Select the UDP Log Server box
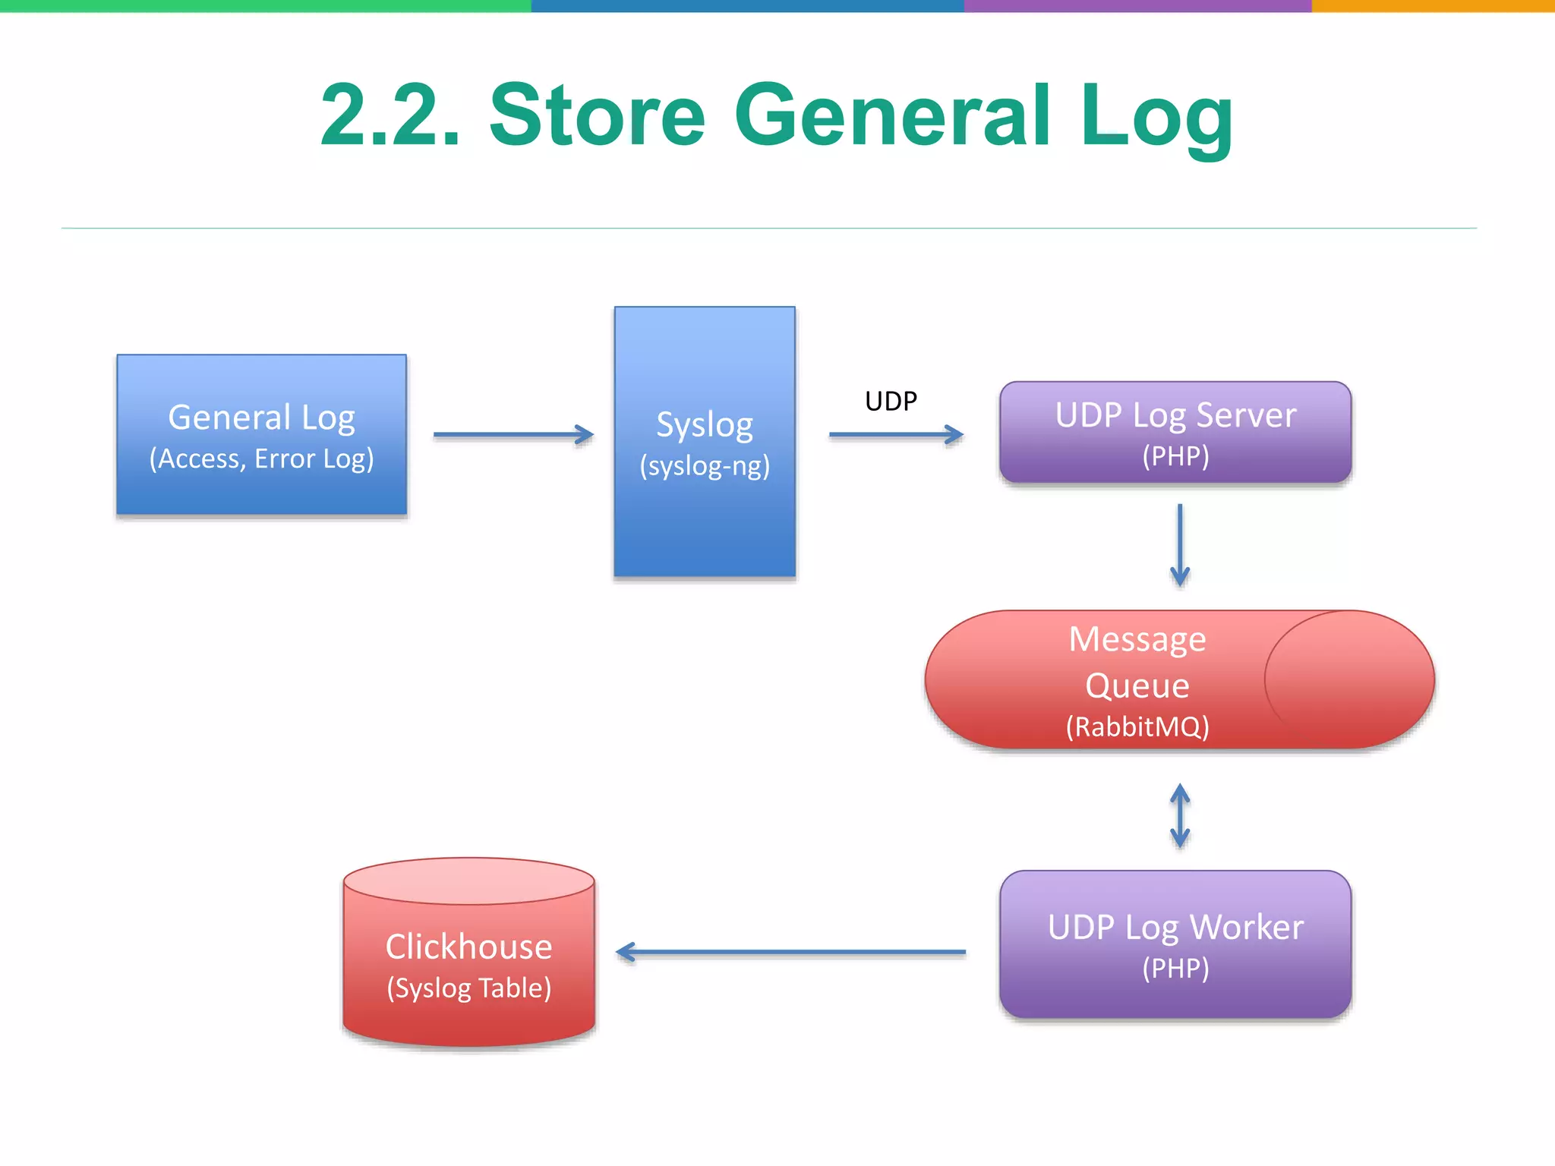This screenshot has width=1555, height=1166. coord(1175,432)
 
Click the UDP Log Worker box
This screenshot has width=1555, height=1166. coord(1175,944)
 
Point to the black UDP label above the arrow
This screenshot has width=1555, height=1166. coord(891,401)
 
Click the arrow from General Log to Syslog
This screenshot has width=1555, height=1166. coord(513,435)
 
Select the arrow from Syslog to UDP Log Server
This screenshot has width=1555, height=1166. coord(895,435)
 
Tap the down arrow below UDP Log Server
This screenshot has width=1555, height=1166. coord(1180,544)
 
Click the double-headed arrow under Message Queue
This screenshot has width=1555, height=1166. coord(1180,816)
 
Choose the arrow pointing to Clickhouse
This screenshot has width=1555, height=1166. coord(790,952)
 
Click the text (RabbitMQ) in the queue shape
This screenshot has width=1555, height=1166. coord(1137,727)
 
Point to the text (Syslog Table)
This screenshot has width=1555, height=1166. coord(468,988)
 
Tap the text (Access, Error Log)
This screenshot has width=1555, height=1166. coord(261,459)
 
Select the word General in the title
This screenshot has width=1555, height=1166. coord(893,115)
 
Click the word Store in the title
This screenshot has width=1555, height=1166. coord(598,115)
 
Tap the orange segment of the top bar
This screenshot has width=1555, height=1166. coord(1433,5)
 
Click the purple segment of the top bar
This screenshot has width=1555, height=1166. coord(1137,5)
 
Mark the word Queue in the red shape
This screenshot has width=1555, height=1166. coord(1137,685)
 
